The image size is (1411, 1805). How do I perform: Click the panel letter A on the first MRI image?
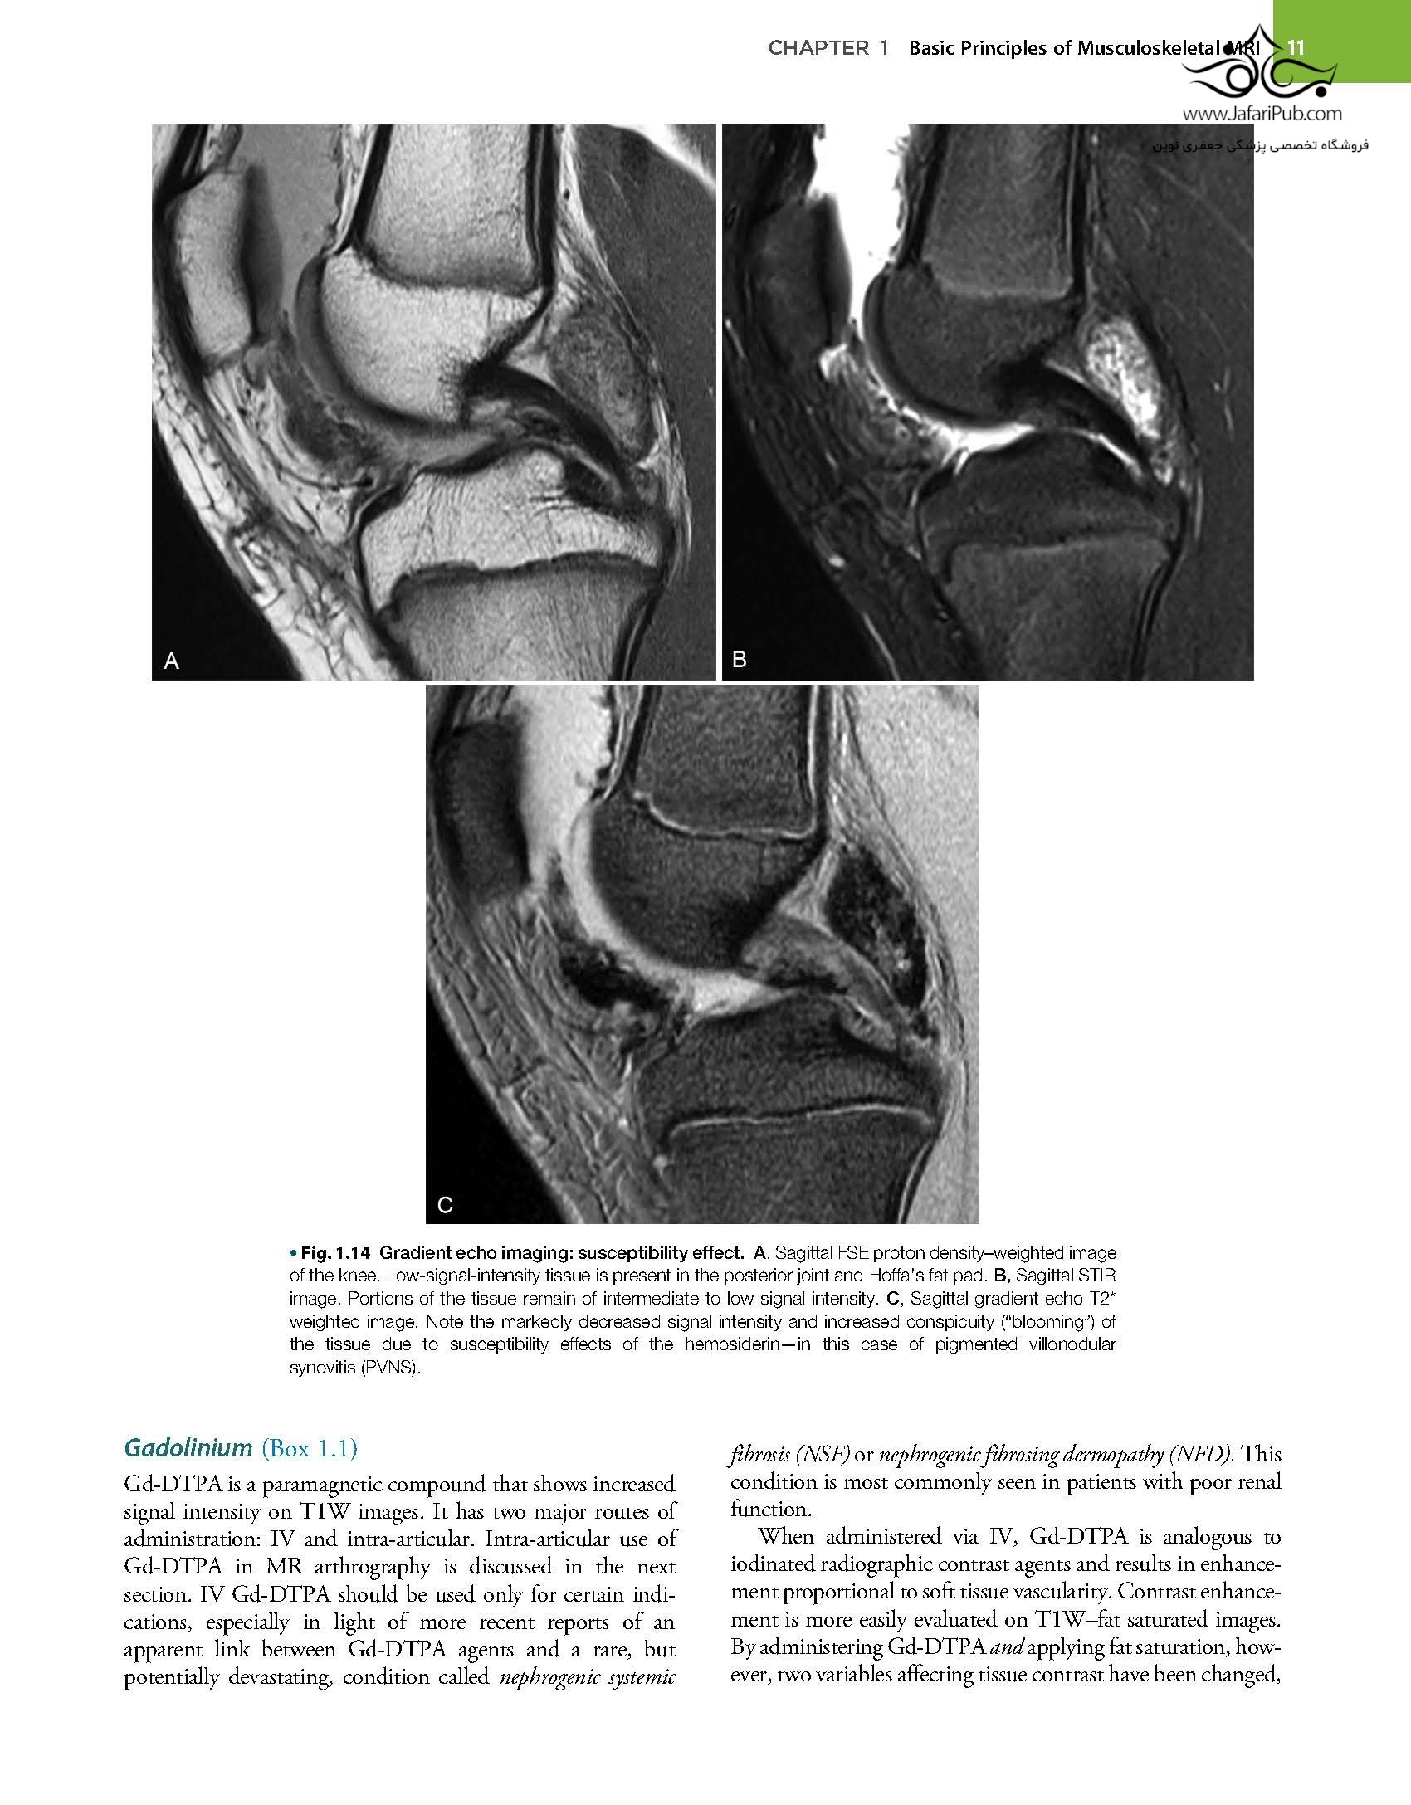172,661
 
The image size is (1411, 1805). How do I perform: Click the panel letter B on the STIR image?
740,660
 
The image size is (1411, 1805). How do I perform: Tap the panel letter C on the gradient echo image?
445,1204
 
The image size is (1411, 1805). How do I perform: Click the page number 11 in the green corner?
1296,47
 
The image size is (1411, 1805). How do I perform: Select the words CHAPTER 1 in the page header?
828,48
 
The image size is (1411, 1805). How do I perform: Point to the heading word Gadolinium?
188,1448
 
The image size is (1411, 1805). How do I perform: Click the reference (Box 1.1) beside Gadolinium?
309,1449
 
